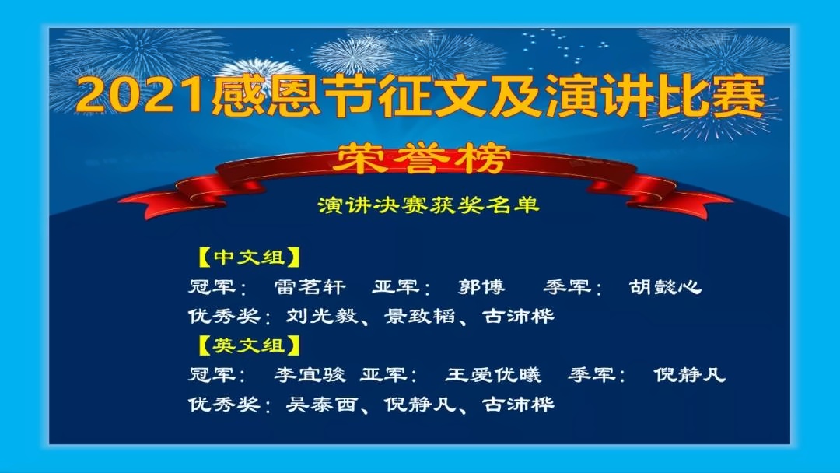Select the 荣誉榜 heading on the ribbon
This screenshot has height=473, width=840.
point(421,159)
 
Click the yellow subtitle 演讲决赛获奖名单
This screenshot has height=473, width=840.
point(428,205)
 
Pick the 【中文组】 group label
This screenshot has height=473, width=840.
point(247,258)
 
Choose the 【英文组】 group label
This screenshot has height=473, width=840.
point(247,345)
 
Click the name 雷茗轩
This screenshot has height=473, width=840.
point(310,287)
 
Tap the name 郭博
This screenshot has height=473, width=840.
point(481,287)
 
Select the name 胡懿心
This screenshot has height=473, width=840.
point(665,287)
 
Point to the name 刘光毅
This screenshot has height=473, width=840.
point(321,316)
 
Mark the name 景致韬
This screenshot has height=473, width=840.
point(419,316)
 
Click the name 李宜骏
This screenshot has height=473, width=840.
point(310,374)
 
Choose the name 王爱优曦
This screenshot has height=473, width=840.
point(493,374)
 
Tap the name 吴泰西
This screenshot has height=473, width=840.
point(321,404)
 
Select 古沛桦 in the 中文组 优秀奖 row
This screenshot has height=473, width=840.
point(518,316)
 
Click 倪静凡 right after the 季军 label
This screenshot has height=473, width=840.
point(689,374)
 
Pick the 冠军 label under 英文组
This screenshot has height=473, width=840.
point(212,374)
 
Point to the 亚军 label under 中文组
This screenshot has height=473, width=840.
point(396,287)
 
